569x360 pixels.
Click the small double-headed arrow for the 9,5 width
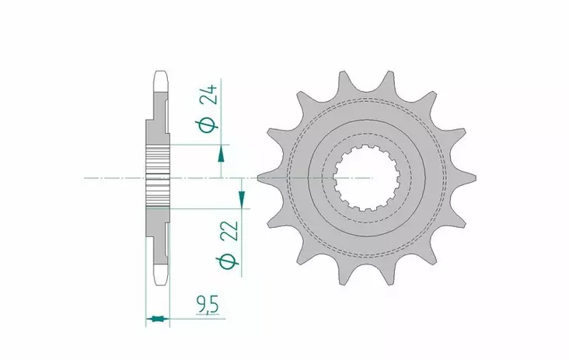(x=158, y=318)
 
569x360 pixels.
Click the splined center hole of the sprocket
(x=367, y=180)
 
